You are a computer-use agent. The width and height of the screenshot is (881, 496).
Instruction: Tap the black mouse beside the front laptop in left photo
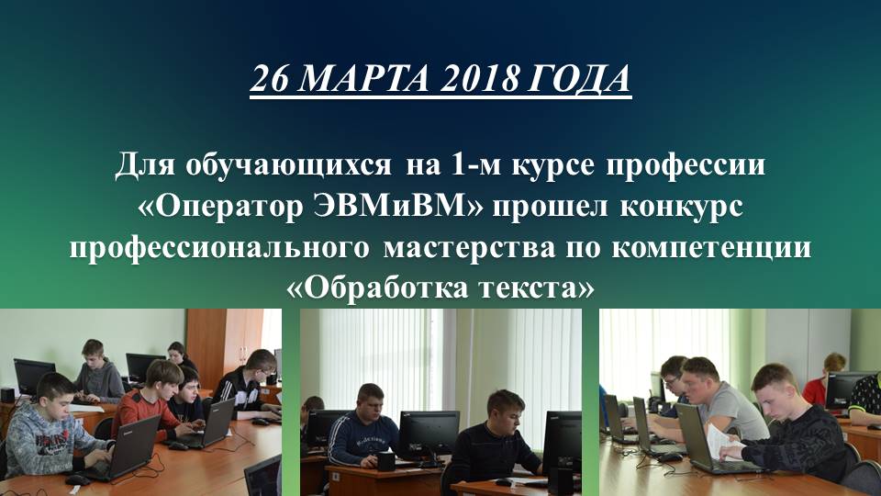[77, 479]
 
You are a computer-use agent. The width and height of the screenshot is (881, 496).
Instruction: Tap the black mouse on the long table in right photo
[669, 456]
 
